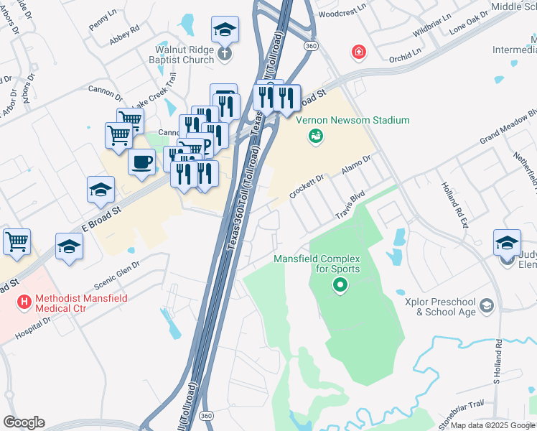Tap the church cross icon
pos(224,54)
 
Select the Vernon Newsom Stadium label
pos(350,120)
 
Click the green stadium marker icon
pos(315,136)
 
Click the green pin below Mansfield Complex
pos(340,287)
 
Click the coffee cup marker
pos(142,162)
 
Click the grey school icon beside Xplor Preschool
pos(487,307)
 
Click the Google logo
pos(24,422)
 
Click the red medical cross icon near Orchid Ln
pos(358,52)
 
